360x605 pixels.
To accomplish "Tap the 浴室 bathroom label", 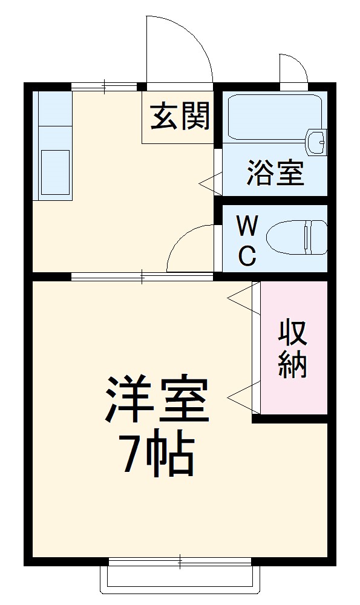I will click(275, 174).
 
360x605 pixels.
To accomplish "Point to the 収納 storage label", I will click(293, 348).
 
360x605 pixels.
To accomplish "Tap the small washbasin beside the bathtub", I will click(316, 142).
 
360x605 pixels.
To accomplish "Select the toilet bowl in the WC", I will click(296, 237).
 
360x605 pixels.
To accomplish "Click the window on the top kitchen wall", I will click(104, 87).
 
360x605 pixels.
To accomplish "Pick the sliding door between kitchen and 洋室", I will click(142, 277).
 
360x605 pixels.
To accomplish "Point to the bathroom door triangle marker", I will click(209, 180).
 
